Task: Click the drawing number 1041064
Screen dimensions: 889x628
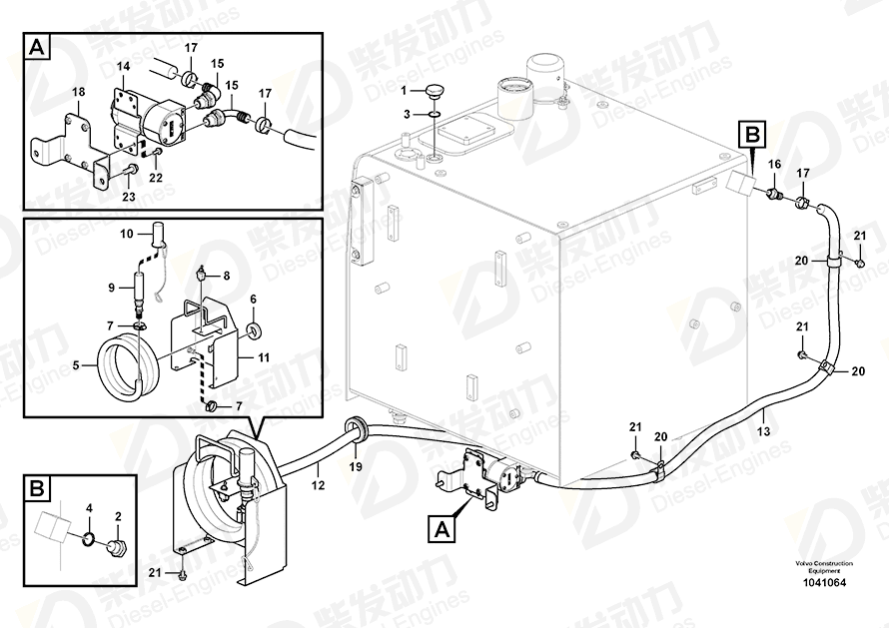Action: point(823,582)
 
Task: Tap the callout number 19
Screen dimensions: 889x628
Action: point(356,467)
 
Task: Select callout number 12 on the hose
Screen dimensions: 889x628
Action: point(318,485)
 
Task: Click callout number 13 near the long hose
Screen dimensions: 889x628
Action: point(764,431)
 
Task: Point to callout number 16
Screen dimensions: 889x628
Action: point(774,164)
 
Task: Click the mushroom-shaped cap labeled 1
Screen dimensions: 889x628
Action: point(435,90)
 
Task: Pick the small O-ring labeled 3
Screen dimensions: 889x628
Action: point(435,114)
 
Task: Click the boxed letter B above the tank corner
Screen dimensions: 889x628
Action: point(752,136)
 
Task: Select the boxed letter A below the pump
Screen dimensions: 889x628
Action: point(443,529)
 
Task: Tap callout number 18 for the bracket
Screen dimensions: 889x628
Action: point(78,92)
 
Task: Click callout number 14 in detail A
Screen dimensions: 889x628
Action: point(123,66)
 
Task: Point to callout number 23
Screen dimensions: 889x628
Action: point(129,196)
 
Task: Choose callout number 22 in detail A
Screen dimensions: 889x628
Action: point(156,178)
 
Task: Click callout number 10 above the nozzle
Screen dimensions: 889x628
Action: point(127,234)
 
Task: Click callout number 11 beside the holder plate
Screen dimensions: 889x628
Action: point(264,357)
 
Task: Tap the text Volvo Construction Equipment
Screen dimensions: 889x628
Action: point(823,567)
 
